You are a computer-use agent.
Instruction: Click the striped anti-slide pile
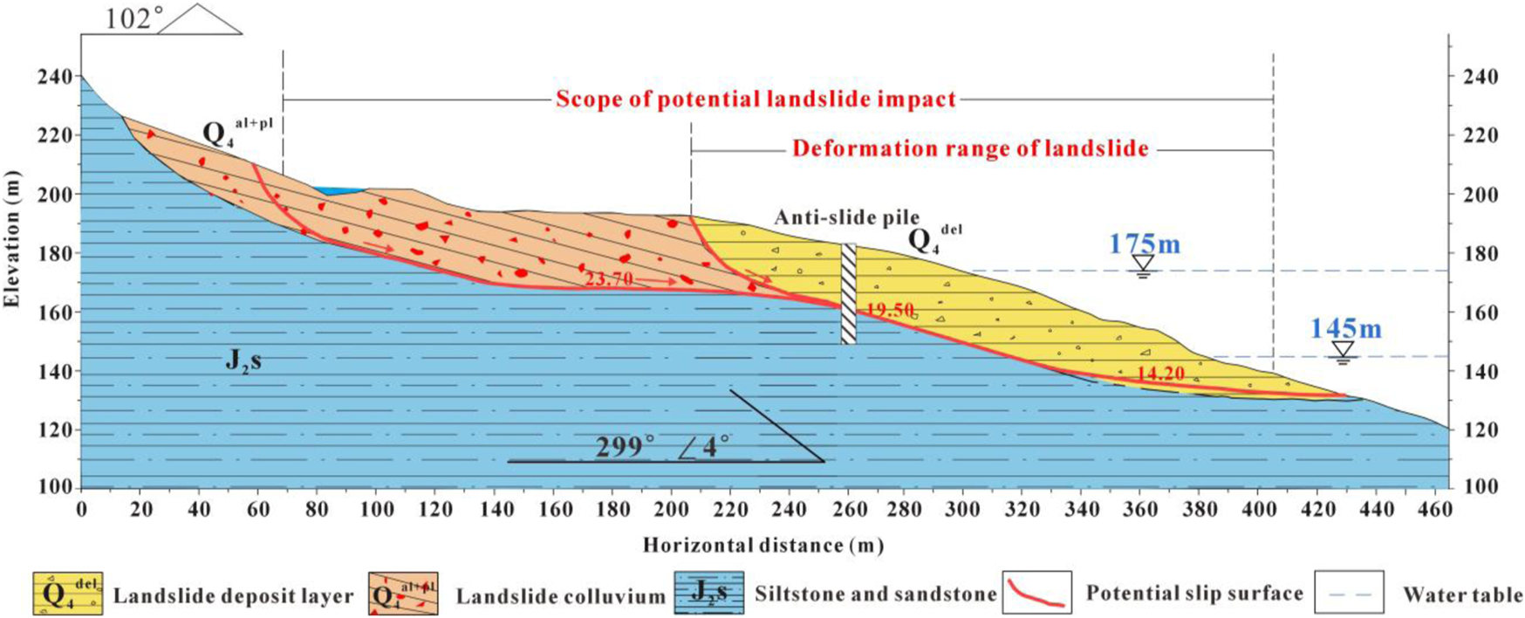coord(848,293)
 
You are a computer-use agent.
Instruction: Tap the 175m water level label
coord(1144,244)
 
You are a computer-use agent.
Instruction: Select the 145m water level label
coord(1345,328)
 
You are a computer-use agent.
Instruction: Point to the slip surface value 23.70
coord(609,280)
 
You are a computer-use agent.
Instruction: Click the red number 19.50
coord(890,310)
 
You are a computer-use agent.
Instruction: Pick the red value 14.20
coord(1160,374)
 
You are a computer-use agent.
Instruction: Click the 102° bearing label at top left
coord(128,19)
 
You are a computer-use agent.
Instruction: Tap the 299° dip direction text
coord(625,446)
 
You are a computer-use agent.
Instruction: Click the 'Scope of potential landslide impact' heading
coord(756,99)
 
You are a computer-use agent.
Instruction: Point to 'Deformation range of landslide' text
coord(970,148)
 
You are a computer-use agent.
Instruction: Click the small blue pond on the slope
coord(339,190)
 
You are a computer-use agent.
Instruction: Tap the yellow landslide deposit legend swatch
coord(67,594)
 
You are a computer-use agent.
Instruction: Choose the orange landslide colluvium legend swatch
coord(402,594)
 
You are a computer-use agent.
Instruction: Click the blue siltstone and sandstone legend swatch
coord(708,594)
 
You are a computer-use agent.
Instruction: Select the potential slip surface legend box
coord(1036,593)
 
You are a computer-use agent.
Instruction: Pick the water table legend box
coord(1348,593)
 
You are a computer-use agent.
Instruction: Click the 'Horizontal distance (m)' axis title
coord(763,546)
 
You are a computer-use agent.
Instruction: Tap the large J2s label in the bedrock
coord(243,360)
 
